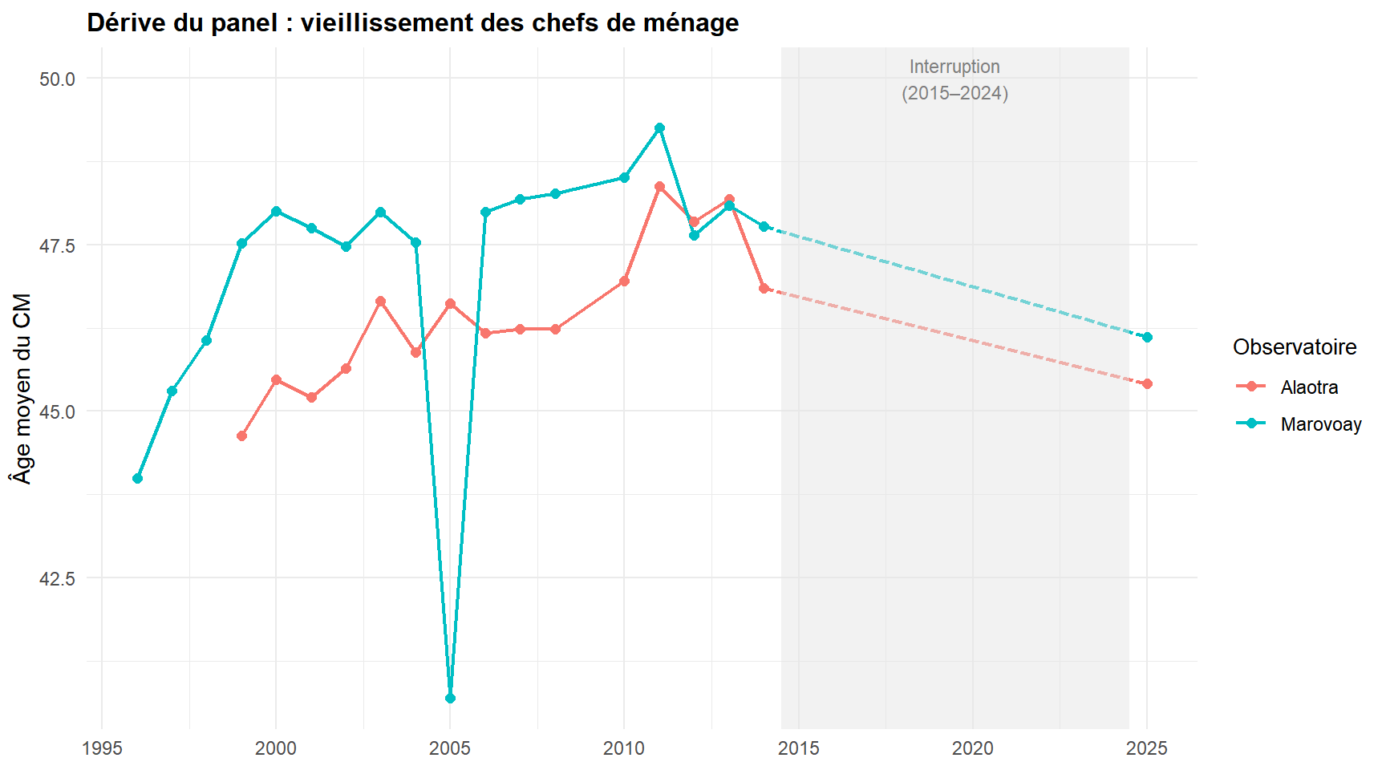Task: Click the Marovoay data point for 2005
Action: point(450,699)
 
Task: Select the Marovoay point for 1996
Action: point(137,479)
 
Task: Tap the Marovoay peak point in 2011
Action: point(659,128)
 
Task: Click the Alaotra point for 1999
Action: point(241,436)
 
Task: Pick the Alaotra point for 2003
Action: point(380,302)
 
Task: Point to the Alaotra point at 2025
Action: point(1147,384)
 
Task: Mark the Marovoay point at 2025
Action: point(1147,338)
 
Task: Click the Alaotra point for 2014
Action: point(764,289)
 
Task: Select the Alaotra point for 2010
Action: point(624,282)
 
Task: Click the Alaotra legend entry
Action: point(1309,387)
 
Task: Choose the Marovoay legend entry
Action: point(1320,424)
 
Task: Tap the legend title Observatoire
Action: point(1295,347)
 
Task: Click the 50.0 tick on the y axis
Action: point(57,79)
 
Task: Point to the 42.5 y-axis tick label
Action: point(57,578)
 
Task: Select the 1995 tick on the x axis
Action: point(102,749)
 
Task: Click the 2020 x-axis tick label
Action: point(972,749)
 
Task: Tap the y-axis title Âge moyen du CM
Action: point(22,389)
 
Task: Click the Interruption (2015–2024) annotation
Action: point(954,80)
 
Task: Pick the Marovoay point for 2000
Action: point(276,212)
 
